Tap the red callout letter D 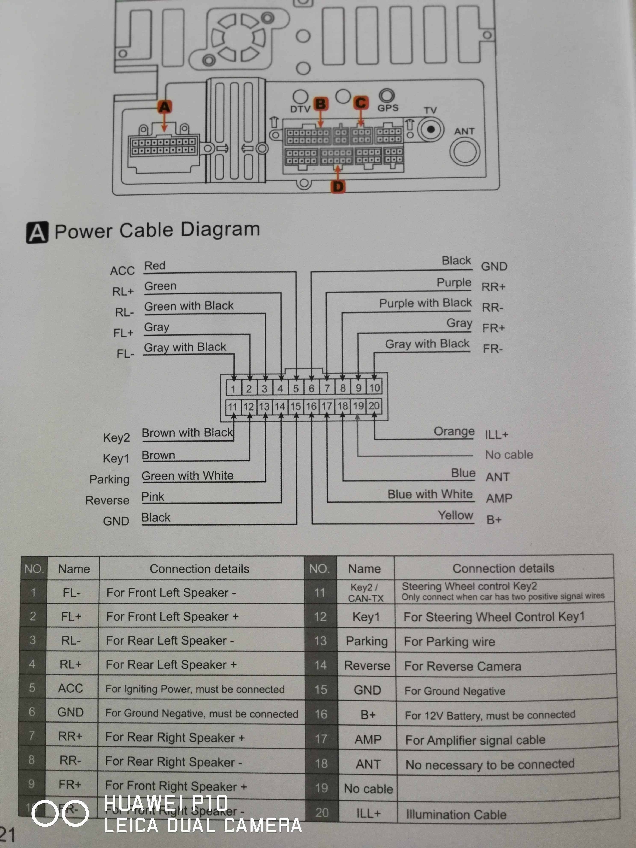click(x=338, y=187)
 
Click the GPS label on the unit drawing click(x=388, y=108)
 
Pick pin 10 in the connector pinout click(x=374, y=388)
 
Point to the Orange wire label click(x=454, y=431)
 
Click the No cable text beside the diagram click(x=509, y=455)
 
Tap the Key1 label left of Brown click(x=116, y=458)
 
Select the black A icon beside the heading click(x=37, y=232)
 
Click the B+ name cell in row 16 click(x=367, y=715)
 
